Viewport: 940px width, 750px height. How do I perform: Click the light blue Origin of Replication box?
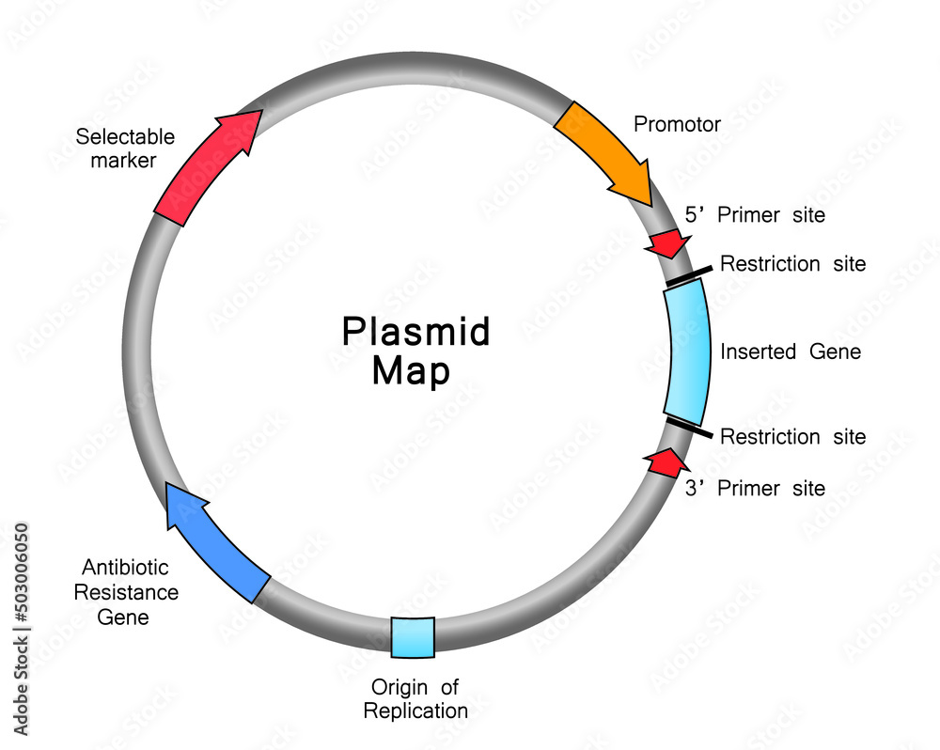tap(413, 636)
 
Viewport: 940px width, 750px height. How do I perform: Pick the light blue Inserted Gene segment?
tap(687, 352)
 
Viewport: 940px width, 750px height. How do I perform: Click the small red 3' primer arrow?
tap(664, 462)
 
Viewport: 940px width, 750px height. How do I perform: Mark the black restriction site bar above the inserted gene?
tap(688, 275)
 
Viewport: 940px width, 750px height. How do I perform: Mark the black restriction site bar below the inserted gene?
tap(688, 429)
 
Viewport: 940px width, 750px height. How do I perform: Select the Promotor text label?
tap(677, 124)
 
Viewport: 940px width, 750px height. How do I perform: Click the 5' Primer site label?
tap(754, 215)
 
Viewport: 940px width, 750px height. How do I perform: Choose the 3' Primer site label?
tap(754, 488)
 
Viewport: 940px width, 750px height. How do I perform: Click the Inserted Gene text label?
tap(790, 352)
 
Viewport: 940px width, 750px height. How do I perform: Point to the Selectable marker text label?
tap(125, 148)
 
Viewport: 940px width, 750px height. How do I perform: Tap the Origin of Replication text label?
tap(415, 698)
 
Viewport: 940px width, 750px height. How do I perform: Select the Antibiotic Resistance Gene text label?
tap(126, 592)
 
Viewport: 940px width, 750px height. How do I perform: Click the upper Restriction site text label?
tap(792, 264)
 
